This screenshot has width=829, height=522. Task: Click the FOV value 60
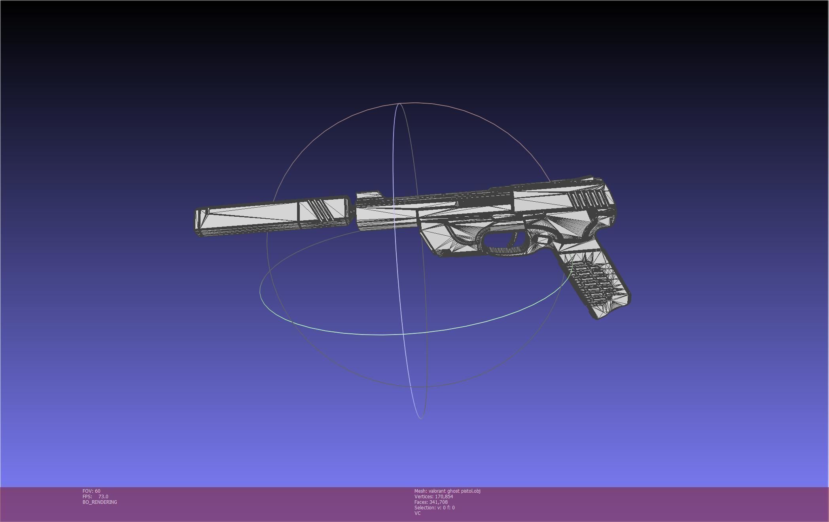point(98,491)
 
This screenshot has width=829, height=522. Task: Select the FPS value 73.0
point(103,497)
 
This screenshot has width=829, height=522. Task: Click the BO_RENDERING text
point(100,502)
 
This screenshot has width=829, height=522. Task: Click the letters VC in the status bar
point(418,513)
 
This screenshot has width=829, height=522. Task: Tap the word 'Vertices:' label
point(424,497)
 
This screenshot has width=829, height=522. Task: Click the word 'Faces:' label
point(421,502)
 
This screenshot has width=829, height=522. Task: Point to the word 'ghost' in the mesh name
point(453,491)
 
